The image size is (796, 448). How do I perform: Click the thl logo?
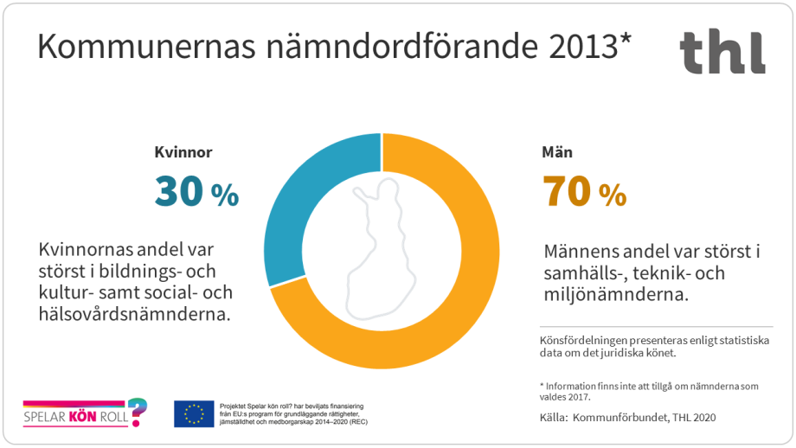722,51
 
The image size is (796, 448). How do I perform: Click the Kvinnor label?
183,152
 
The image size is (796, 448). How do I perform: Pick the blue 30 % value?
196,194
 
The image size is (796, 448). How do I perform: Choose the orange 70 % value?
584,194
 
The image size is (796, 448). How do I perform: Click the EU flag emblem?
194,414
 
